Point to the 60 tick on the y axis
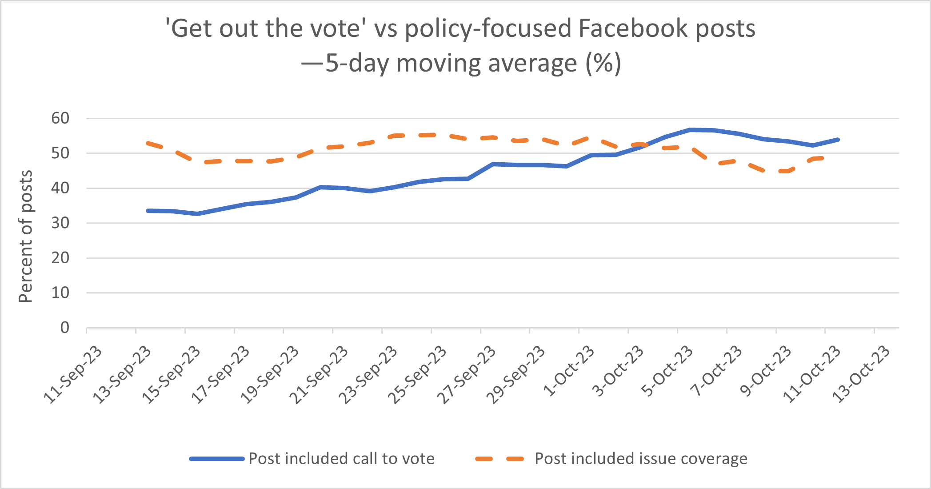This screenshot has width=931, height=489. click(x=60, y=118)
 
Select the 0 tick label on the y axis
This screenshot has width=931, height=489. click(x=65, y=328)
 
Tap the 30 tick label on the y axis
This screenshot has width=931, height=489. click(x=60, y=223)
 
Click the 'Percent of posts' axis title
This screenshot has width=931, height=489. click(x=26, y=236)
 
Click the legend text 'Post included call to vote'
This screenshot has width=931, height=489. click(x=341, y=458)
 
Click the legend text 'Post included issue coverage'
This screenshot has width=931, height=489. click(x=641, y=458)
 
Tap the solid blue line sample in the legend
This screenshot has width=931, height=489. click(x=216, y=459)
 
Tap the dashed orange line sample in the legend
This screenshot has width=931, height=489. click(x=500, y=459)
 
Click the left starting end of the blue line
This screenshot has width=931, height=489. click(x=148, y=211)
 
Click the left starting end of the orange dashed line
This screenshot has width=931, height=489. click(x=148, y=143)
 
